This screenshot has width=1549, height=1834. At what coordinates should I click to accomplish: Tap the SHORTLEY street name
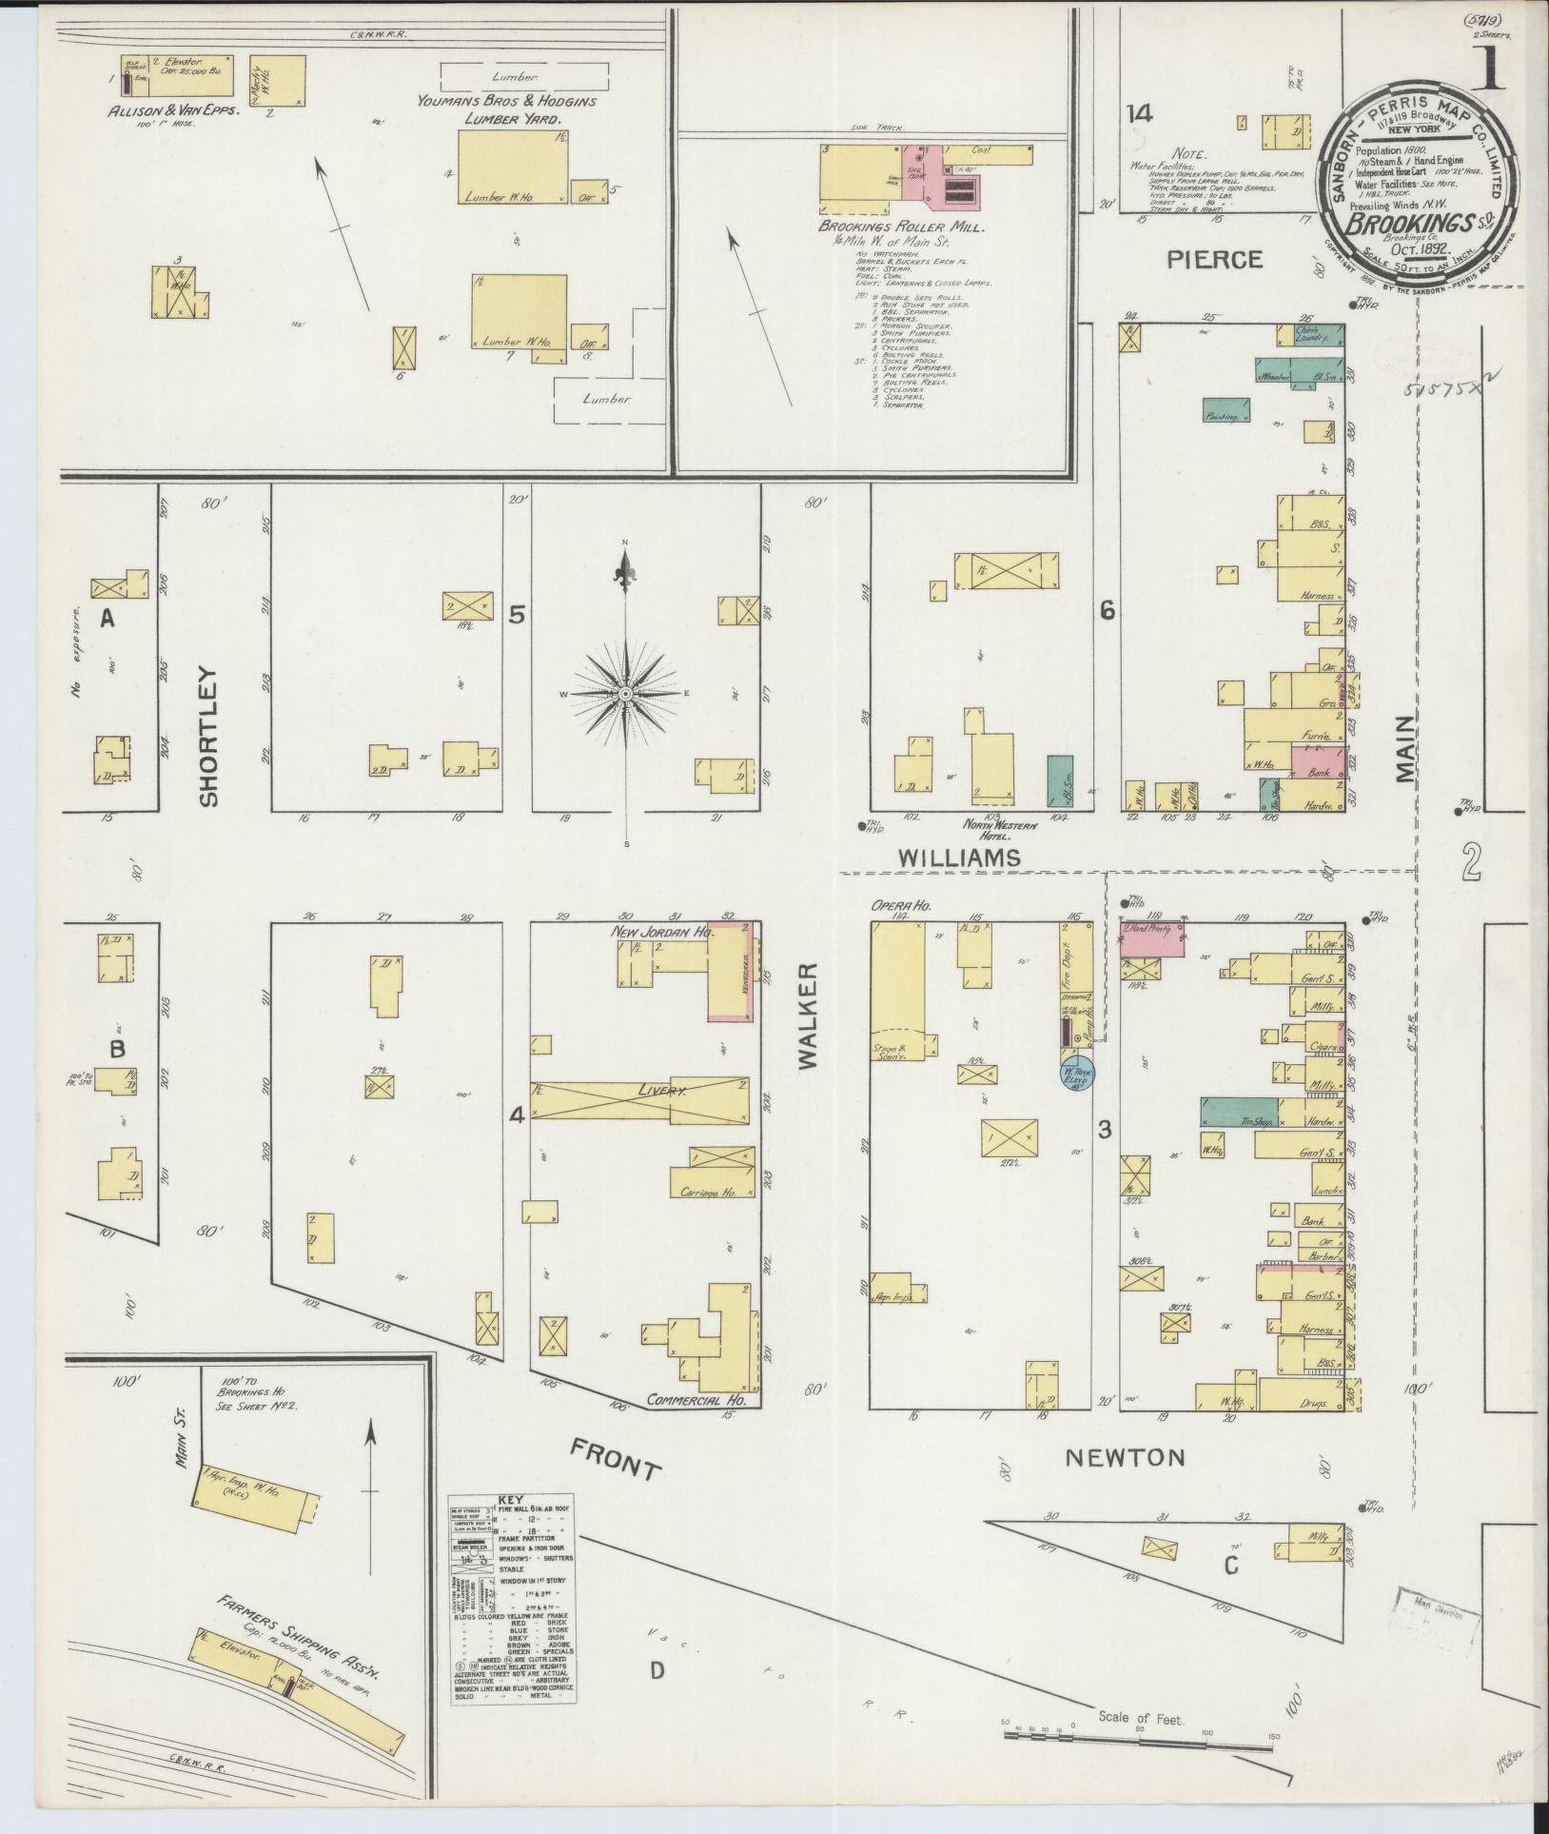[x=209, y=737]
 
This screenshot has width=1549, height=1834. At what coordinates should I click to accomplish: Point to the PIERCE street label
[x=1215, y=260]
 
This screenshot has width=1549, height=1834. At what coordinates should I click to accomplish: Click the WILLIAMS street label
[x=959, y=858]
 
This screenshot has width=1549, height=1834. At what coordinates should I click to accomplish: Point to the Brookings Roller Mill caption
[x=902, y=229]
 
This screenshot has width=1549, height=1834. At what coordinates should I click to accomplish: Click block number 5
[x=516, y=615]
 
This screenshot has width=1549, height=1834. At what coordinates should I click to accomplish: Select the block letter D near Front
[x=657, y=1670]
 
